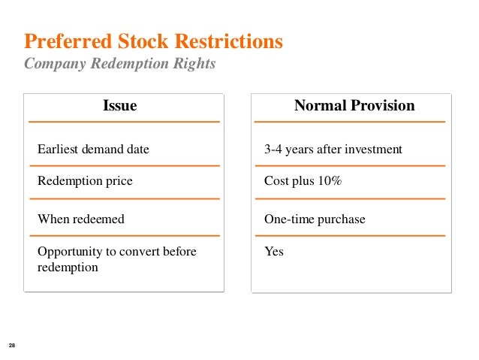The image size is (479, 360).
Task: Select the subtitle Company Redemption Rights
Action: pos(120,64)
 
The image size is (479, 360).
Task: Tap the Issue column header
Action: pos(119,106)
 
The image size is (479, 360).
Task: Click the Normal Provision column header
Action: pos(354,106)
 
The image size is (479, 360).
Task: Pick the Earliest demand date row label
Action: pos(93,150)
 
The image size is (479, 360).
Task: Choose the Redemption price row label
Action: pos(85,181)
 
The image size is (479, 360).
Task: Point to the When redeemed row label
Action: pos(81,219)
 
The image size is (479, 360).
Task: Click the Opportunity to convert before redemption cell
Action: pos(116,259)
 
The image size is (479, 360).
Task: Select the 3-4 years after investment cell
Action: pos(333,150)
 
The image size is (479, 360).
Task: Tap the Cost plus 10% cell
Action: pos(303,181)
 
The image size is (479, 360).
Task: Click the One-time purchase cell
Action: pos(315,219)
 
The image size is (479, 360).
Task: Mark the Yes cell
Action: pos(274,252)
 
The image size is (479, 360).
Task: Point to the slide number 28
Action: pos(12,345)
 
